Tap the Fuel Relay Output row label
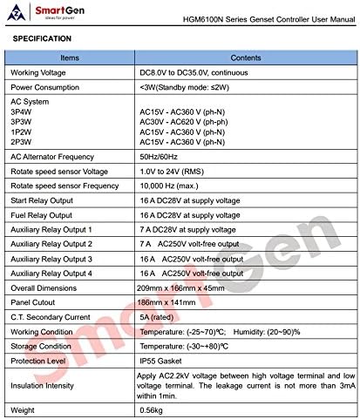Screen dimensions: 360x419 point(43,215)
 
